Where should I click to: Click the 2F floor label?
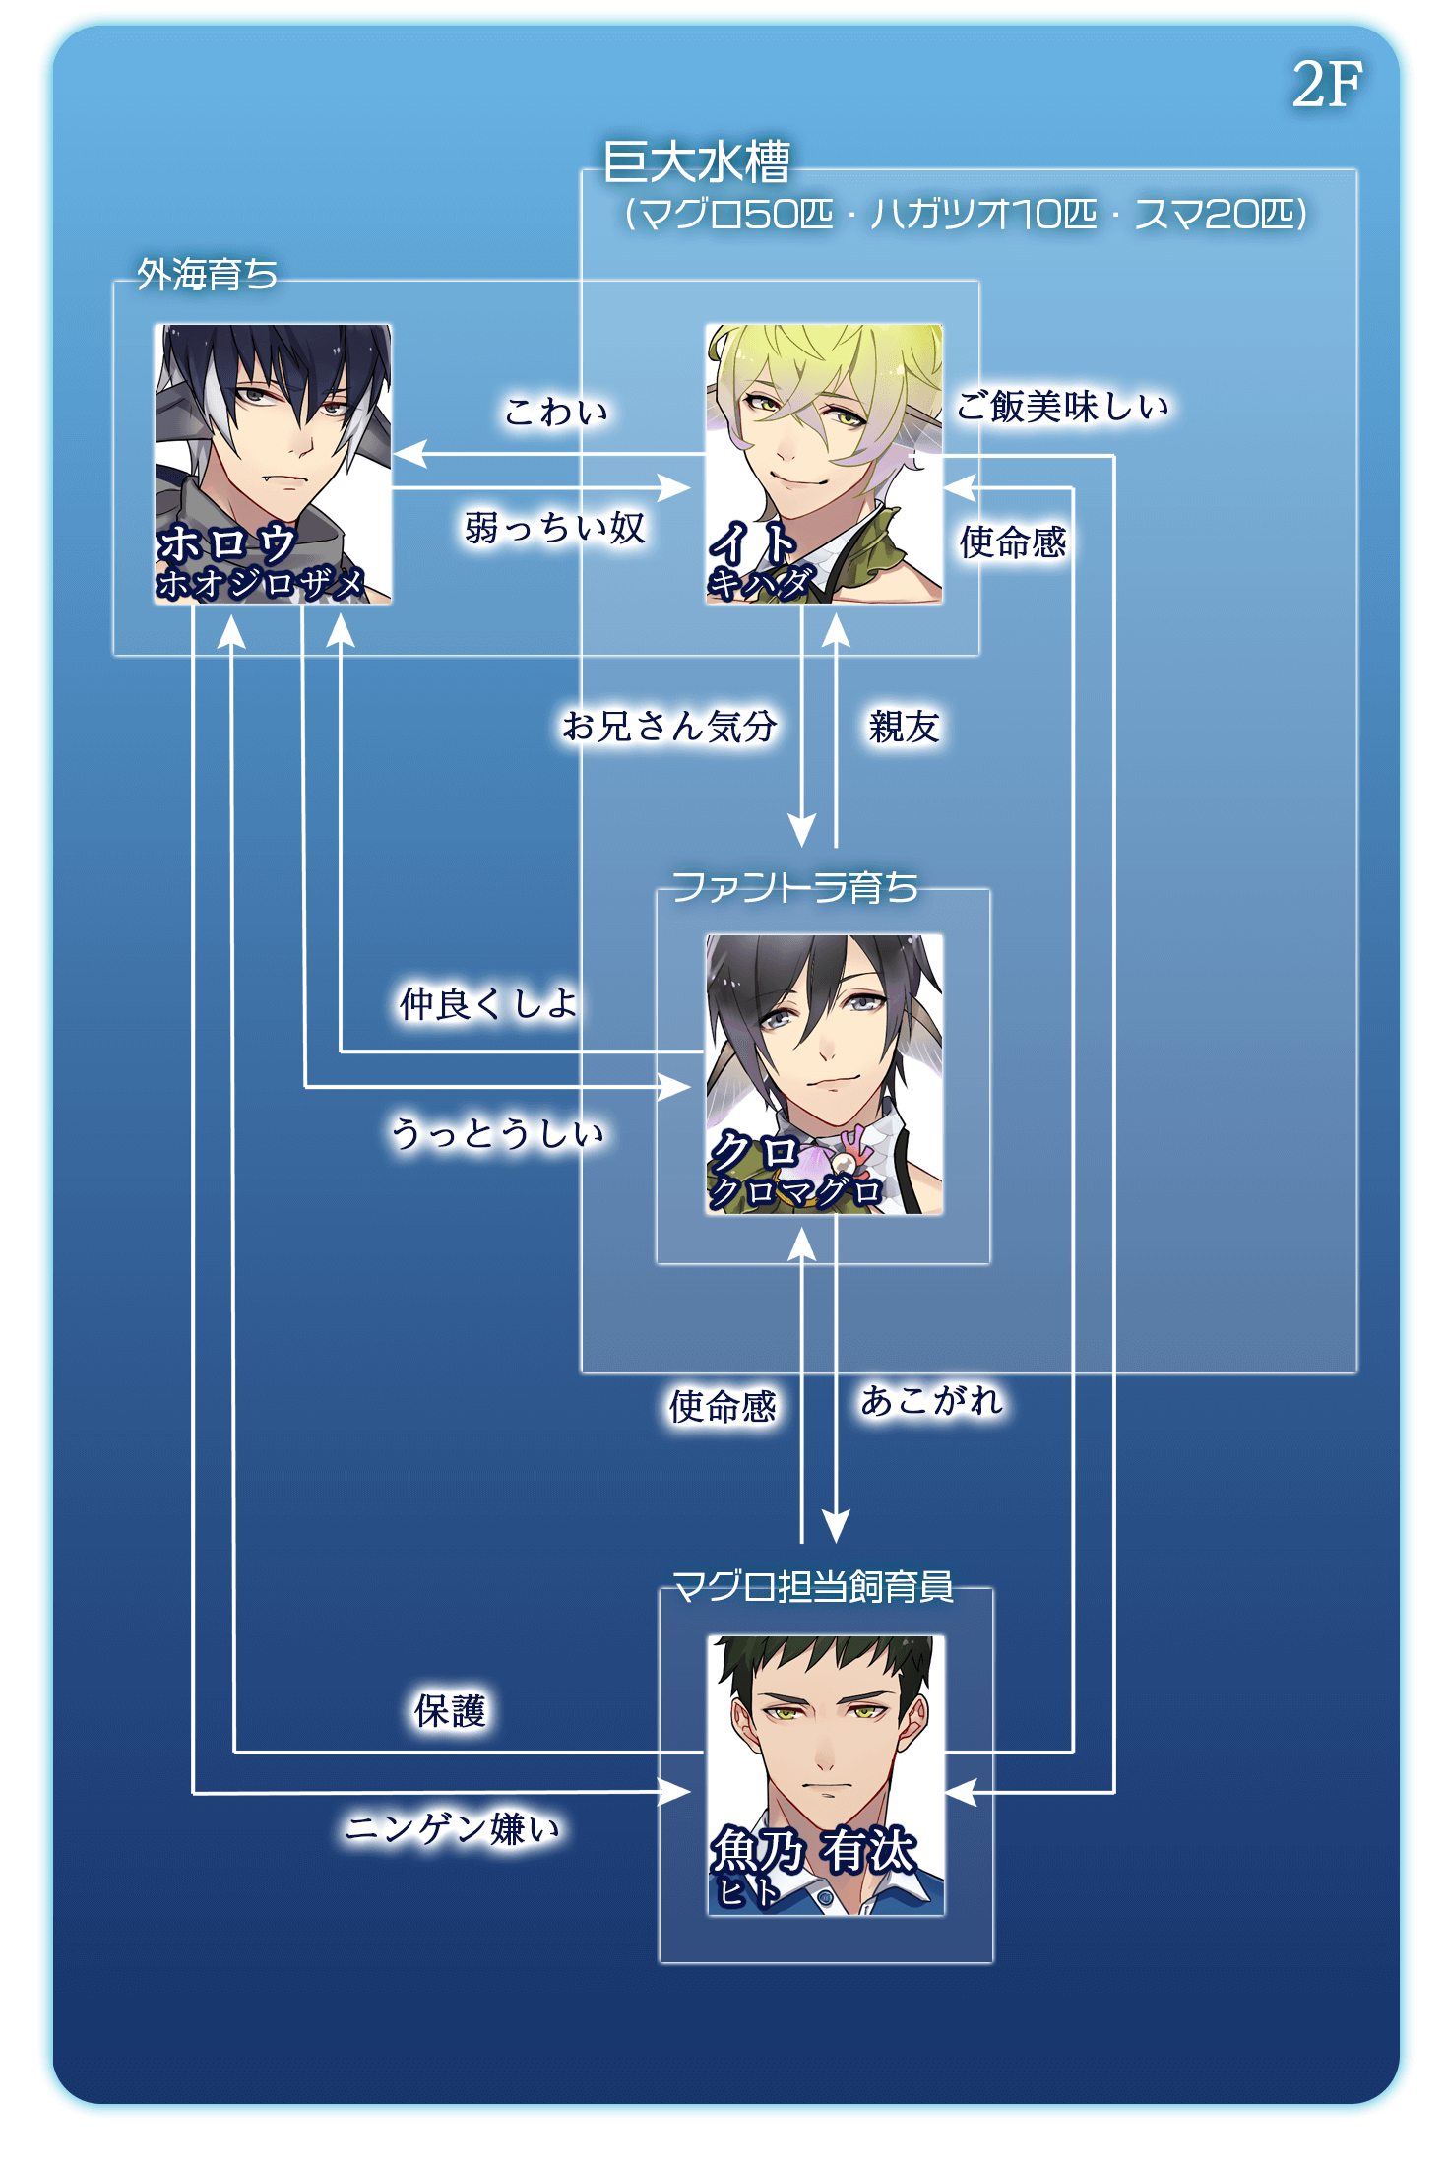point(1326,85)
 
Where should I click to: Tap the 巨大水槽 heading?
point(697,162)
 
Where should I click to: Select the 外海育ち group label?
point(207,275)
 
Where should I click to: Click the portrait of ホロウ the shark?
point(273,463)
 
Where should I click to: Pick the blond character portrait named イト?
point(824,463)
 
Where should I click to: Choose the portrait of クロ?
point(824,1073)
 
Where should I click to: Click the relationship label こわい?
point(556,412)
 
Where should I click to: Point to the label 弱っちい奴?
point(554,529)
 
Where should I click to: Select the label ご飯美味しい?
point(1063,406)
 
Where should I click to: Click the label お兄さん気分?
point(669,727)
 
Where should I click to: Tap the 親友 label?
point(904,728)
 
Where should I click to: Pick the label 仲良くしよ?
point(488,1003)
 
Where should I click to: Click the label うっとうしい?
point(497,1133)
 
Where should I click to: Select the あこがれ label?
point(931,1400)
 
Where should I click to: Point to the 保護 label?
point(450,1711)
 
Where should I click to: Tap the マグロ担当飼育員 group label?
point(812,1586)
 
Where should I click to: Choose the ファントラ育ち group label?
point(794,887)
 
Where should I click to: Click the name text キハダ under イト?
point(761,583)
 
